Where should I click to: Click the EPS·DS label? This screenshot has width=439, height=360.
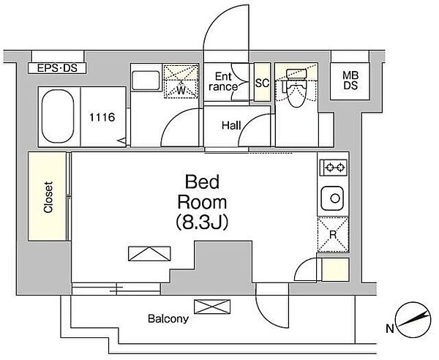[x=57, y=68]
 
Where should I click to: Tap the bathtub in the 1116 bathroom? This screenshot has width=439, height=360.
[x=59, y=117]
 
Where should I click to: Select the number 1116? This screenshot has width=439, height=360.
[x=102, y=117]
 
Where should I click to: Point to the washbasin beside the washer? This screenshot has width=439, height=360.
[x=146, y=80]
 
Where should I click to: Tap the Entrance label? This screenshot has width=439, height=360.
[x=223, y=81]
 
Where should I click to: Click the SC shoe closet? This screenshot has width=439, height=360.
[x=263, y=82]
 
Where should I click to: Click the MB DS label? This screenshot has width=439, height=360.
[x=350, y=80]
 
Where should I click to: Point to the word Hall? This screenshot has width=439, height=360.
[x=231, y=125]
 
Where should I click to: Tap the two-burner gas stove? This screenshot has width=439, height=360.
[x=334, y=168]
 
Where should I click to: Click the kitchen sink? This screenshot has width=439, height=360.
[x=332, y=198]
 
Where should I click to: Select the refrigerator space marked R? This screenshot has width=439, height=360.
[x=333, y=234]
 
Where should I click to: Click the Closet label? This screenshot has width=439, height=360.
[x=48, y=198]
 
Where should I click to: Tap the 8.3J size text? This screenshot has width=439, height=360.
[x=202, y=222]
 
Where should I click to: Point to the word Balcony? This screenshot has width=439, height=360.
[x=168, y=318]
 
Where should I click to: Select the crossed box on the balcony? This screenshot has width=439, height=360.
[x=212, y=307]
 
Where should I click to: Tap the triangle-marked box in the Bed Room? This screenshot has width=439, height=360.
[x=149, y=254]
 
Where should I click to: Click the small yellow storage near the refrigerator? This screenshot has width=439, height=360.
[x=335, y=269]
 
